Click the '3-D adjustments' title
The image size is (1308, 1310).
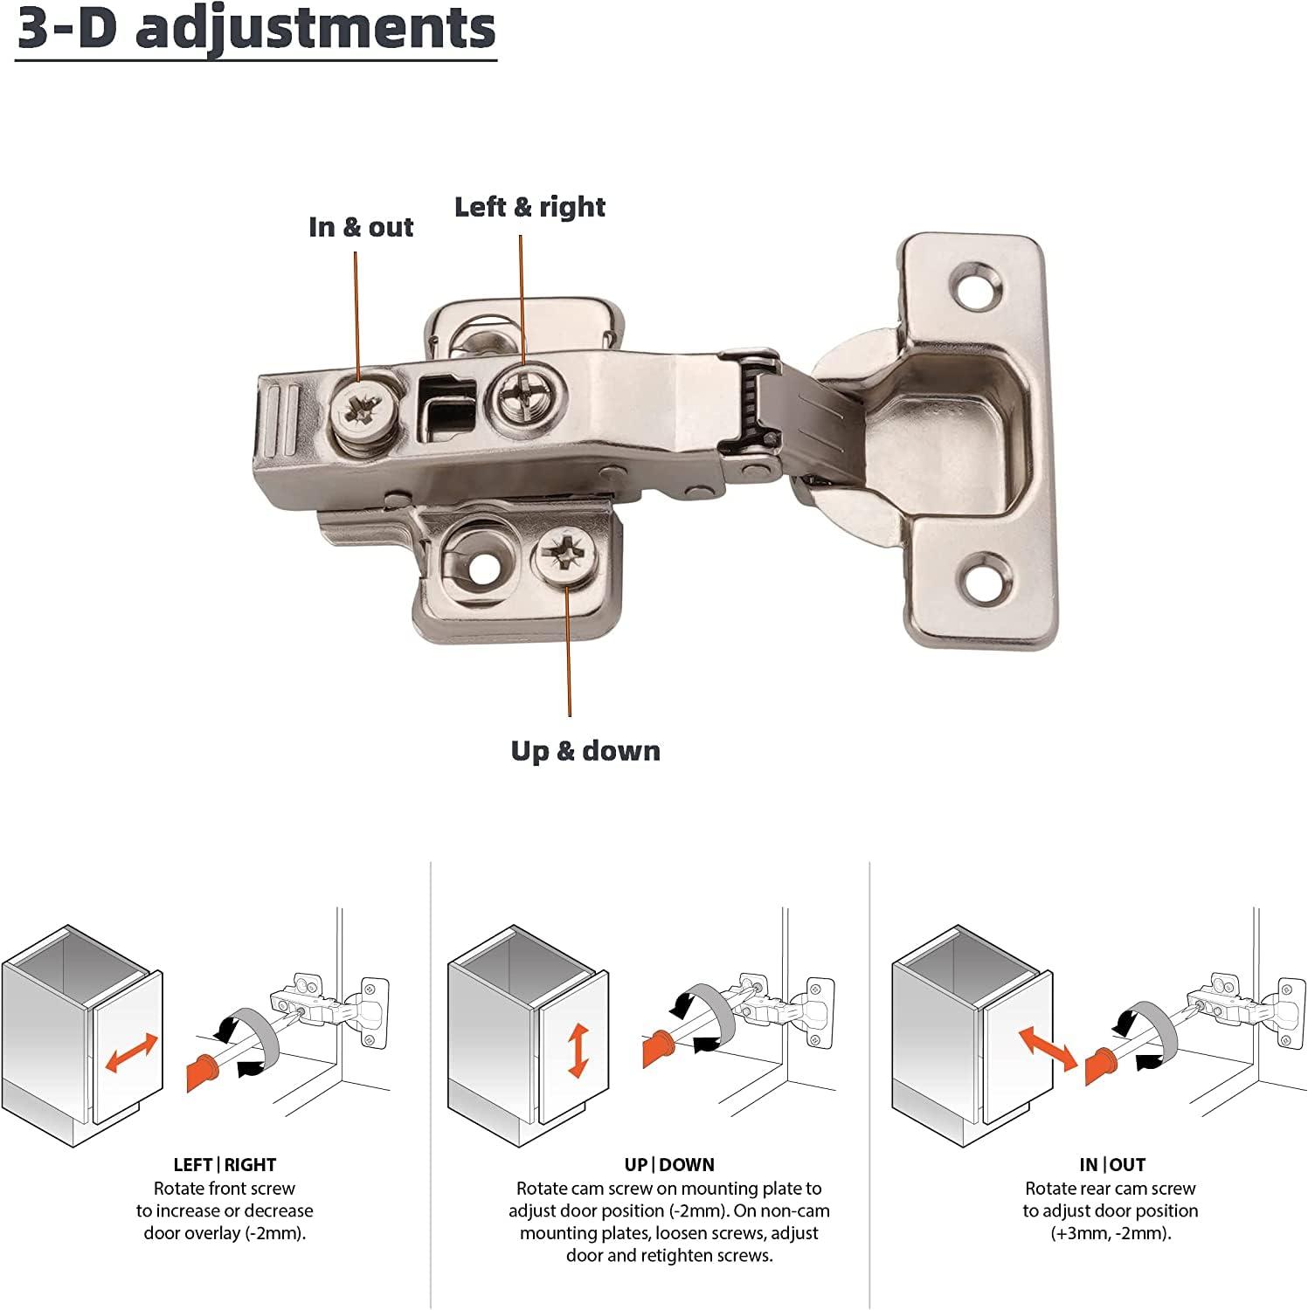[256, 29]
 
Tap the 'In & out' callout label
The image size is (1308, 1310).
[361, 227]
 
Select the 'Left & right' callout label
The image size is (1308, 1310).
[529, 207]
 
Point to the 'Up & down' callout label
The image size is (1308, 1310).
[585, 751]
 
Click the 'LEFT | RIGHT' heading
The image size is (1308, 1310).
[225, 1165]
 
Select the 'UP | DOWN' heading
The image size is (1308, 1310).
[669, 1165]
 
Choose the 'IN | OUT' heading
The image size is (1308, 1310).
[1111, 1165]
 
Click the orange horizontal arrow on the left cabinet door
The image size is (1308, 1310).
[131, 1052]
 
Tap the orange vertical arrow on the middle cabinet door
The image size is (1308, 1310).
[578, 1051]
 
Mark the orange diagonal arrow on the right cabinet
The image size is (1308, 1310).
[1048, 1048]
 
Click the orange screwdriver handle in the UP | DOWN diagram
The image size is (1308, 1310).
[657, 1048]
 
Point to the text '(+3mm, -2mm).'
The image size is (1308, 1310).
[1111, 1233]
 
